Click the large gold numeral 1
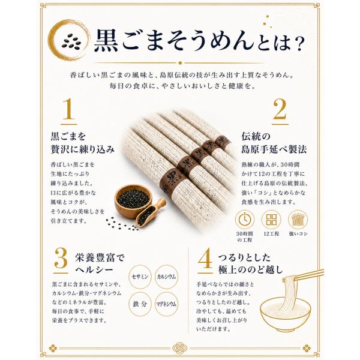coord(69,109)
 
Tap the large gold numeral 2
coord(280,109)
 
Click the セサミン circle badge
coord(140,277)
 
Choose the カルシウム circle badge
coord(166,277)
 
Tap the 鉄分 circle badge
coord(140,304)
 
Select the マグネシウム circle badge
coord(166,304)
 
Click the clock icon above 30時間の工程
coord(245,220)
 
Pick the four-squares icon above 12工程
coord(271,220)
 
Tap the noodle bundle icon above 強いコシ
coord(298,220)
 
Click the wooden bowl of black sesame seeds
coord(133,201)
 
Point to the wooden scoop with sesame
coord(151,213)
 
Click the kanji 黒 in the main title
coord(106,40)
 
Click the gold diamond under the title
coord(180,62)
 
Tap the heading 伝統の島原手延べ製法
coord(274,143)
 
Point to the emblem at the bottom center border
coord(180,348)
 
